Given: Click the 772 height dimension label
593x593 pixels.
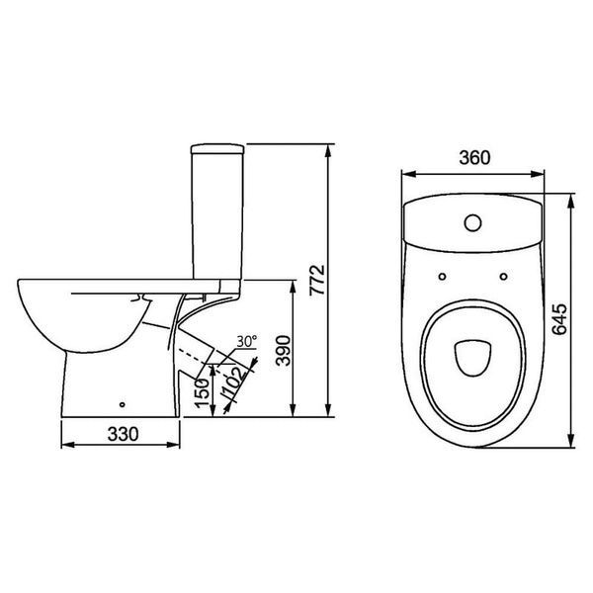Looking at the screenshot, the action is pyautogui.click(x=317, y=280).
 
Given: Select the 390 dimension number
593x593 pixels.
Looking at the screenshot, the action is pyautogui.click(x=284, y=350).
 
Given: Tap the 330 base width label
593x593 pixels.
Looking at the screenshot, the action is pyautogui.click(x=123, y=434).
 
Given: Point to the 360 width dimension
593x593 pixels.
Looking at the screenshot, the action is pyautogui.click(x=474, y=158).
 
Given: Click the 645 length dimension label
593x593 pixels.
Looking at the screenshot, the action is pyautogui.click(x=559, y=319).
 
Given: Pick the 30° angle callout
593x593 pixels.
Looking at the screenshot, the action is pyautogui.click(x=246, y=341).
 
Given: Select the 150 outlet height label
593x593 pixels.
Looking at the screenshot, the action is pyautogui.click(x=203, y=393).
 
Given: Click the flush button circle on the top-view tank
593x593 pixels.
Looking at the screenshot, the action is pyautogui.click(x=472, y=222).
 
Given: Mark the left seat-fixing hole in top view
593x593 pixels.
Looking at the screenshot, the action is pyautogui.click(x=442, y=277).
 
